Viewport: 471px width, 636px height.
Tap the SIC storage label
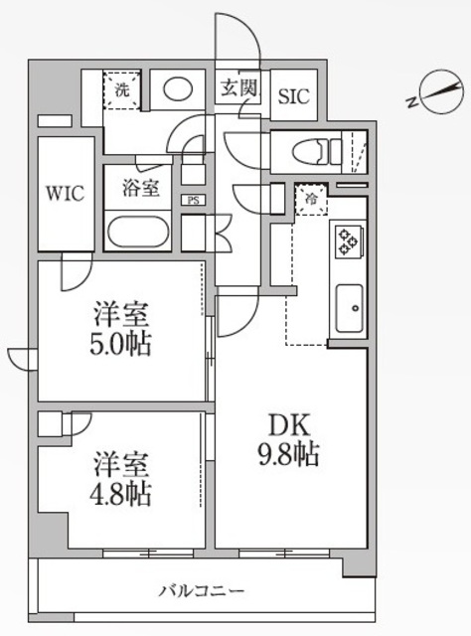pyautogui.click(x=293, y=96)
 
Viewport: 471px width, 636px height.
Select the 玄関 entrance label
pyautogui.click(x=238, y=88)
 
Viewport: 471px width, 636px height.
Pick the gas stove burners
pyautogui.click(x=348, y=241)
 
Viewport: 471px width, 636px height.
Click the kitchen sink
pyautogui.click(x=349, y=308)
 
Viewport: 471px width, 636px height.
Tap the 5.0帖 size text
pyautogui.click(x=123, y=348)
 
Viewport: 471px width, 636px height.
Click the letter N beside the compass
pyautogui.click(x=410, y=100)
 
